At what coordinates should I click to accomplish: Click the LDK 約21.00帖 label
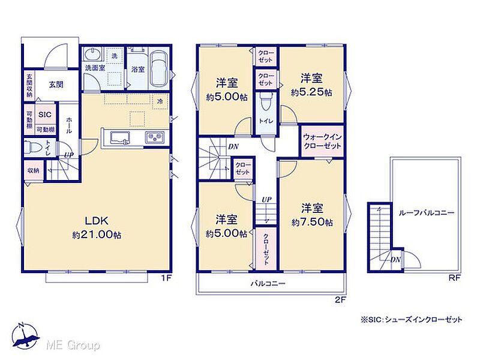(x=97, y=227)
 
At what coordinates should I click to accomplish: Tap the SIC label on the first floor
(x=45, y=115)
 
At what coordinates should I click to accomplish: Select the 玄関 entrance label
(x=56, y=84)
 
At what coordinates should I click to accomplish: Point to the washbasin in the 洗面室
(x=92, y=55)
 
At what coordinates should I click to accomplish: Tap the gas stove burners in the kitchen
(x=155, y=137)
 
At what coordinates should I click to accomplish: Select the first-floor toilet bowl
(x=32, y=148)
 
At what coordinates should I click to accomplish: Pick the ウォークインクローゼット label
(x=322, y=141)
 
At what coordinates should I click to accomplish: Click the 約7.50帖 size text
(x=312, y=222)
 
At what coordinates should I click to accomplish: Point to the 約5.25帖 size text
(x=311, y=92)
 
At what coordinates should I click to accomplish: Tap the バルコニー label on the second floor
(x=268, y=283)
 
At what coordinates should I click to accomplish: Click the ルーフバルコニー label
(x=426, y=213)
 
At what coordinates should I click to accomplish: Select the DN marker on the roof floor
(x=395, y=260)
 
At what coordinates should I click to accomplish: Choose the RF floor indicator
(x=455, y=278)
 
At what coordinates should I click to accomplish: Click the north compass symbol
(x=25, y=336)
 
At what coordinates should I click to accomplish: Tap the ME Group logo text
(x=73, y=346)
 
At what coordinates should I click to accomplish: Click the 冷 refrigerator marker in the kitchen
(x=160, y=101)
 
